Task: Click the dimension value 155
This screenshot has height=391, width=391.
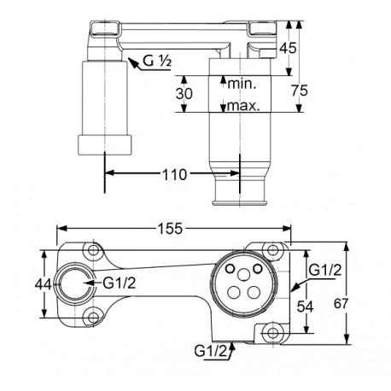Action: coord(170,229)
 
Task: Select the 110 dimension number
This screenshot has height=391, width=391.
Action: coord(174,174)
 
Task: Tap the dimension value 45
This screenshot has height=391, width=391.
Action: coord(288,48)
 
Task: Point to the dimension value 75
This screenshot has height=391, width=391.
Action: coord(300,90)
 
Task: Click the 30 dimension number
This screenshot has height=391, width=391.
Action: coord(184,93)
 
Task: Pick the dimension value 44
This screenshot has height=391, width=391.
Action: coord(43,284)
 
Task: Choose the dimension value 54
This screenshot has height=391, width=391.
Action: coord(305,306)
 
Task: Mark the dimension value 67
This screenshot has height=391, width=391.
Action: coord(341,303)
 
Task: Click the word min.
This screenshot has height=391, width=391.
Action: coord(242,84)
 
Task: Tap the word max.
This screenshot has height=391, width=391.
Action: coord(244,106)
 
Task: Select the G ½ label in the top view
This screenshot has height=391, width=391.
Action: coord(157,61)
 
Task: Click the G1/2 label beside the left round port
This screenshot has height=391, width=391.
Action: coord(120,283)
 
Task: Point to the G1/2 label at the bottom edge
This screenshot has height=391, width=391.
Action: coord(211,351)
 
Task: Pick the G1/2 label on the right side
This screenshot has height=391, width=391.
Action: coord(325,270)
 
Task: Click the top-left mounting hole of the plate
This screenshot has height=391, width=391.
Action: coord(92,251)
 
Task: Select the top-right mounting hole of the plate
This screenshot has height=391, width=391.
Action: coord(273,250)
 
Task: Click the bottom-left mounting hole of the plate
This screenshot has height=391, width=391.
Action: coord(93,318)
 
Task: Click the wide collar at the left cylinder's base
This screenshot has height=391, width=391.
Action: coord(105,145)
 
